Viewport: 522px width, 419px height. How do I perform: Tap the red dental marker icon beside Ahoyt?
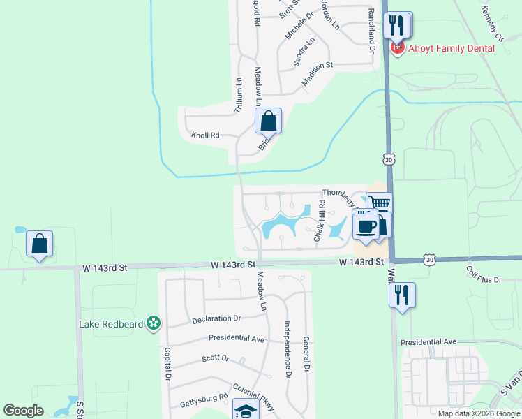pos(398,48)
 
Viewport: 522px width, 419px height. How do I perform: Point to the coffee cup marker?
pos(366,226)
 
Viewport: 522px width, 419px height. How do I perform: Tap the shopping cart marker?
pos(379,204)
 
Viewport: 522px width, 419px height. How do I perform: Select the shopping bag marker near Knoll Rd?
pos(268,122)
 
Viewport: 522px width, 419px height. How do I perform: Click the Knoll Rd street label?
pos(206,135)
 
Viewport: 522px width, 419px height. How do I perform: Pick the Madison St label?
pos(318,75)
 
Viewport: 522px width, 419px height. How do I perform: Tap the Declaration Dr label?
pos(216,318)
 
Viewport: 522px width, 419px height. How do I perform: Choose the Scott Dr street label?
pos(215,358)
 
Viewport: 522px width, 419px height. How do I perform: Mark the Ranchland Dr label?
pos(371,30)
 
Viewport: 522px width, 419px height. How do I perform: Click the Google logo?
pos(24,410)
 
